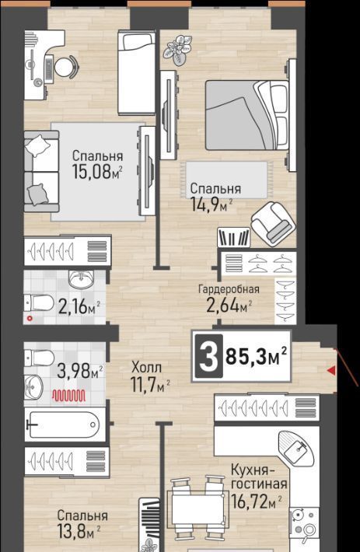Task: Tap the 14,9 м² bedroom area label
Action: click(211, 204)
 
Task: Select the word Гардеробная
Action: click(229, 289)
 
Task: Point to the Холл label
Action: click(146, 368)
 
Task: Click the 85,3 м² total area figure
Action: click(256, 356)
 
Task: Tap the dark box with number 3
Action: click(208, 356)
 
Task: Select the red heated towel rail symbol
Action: click(69, 396)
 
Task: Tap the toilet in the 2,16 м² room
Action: click(39, 302)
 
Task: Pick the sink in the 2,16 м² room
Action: click(81, 279)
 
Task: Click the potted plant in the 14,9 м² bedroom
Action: click(178, 50)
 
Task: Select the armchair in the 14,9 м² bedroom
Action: click(273, 224)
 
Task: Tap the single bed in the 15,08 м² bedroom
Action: click(137, 73)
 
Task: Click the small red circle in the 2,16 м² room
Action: click(30, 319)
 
